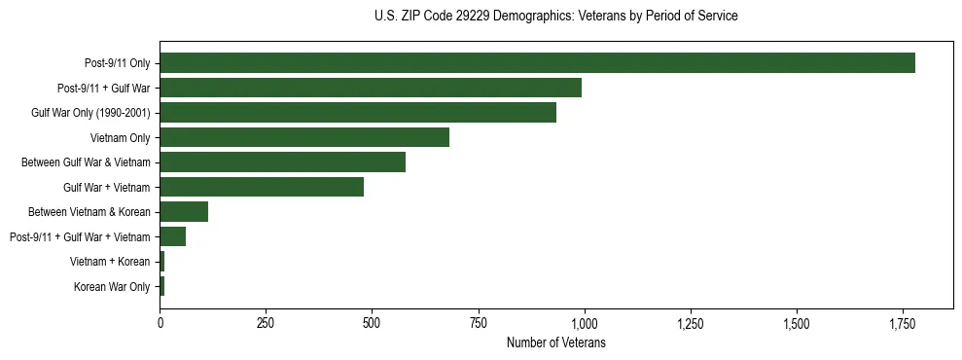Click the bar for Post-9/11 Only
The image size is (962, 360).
537,63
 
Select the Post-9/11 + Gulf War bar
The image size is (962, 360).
371,88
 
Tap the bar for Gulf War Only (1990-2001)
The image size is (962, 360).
358,113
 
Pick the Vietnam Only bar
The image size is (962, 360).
304,137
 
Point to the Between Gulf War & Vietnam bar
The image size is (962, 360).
282,162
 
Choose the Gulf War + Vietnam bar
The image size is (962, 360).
262,187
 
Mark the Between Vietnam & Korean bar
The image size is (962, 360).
184,212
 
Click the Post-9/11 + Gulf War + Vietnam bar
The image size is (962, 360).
172,236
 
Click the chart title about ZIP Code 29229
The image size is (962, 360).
555,17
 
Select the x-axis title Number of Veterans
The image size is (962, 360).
555,343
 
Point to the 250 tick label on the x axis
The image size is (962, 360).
266,323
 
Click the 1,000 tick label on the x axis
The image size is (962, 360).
584,323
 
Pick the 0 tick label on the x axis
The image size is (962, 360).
160,323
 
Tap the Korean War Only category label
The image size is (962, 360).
112,287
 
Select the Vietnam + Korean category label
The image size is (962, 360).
110,262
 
